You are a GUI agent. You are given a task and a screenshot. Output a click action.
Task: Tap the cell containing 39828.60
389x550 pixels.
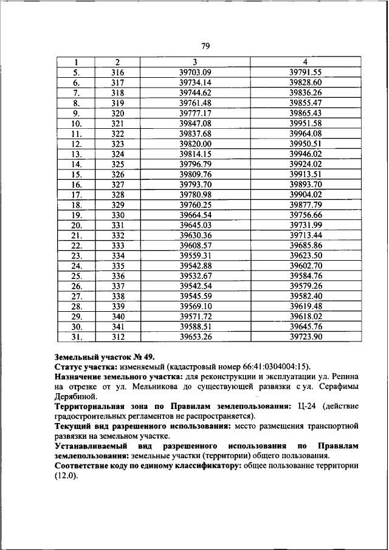[305, 81]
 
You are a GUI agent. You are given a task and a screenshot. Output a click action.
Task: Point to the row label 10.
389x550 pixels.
[77, 123]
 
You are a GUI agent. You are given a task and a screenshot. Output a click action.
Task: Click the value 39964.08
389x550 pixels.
[305, 134]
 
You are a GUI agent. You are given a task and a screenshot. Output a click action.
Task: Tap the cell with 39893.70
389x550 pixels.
[305, 185]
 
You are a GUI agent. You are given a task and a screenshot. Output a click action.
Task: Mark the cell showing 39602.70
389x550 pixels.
[305, 266]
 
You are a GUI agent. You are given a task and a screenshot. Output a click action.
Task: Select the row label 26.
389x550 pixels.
[77, 286]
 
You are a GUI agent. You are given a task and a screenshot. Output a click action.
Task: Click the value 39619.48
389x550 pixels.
[305, 306]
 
